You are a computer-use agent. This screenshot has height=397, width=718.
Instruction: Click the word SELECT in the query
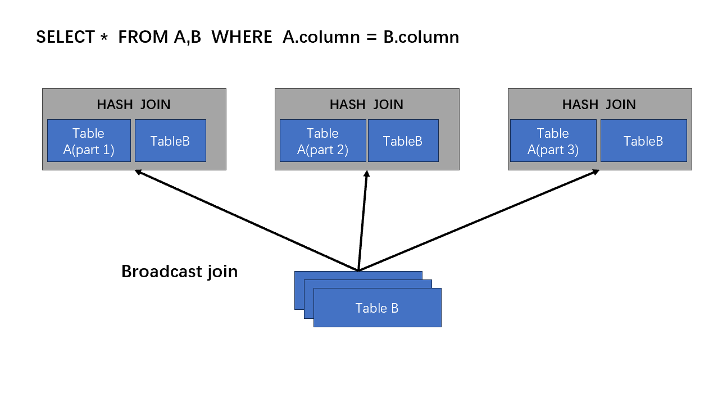tap(65, 37)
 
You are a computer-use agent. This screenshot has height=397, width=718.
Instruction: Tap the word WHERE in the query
tap(242, 37)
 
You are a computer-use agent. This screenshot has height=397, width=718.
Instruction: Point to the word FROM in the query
tap(143, 37)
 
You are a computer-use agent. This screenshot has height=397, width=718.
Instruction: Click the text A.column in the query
tap(321, 37)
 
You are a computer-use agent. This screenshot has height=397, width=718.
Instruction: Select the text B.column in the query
tap(421, 37)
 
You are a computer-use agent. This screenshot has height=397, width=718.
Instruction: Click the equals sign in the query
tap(371, 37)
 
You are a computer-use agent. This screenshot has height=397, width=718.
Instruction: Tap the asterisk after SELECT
tap(104, 37)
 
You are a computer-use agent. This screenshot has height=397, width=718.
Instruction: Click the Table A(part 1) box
tap(89, 141)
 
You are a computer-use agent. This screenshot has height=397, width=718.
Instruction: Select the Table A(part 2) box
tap(323, 141)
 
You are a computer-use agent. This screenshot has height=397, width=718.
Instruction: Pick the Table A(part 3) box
tap(553, 141)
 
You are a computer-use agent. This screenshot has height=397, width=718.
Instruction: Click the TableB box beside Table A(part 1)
tap(170, 141)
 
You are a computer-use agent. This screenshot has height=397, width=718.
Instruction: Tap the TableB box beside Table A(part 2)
tap(403, 141)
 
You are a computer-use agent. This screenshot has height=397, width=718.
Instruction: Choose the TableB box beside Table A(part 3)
tap(644, 141)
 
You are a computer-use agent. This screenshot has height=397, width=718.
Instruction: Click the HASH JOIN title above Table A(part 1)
tap(134, 105)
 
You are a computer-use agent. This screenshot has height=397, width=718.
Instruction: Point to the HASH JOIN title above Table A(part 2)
tap(366, 105)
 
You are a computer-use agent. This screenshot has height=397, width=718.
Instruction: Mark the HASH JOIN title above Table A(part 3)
tap(599, 105)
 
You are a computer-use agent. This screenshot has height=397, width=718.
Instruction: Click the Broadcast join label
tap(180, 272)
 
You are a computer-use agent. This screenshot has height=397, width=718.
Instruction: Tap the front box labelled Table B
tap(378, 308)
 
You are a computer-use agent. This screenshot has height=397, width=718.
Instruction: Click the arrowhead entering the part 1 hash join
tap(138, 172)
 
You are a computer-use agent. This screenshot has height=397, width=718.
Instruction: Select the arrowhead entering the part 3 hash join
tap(596, 172)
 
